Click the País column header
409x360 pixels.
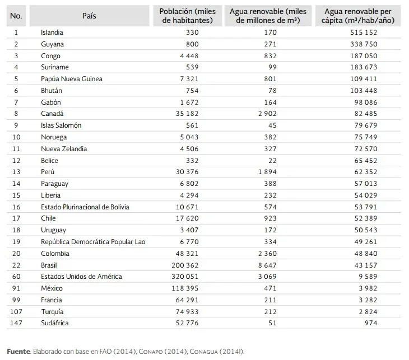[89, 16]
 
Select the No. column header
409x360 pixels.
[16, 16]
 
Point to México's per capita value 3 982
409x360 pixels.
[367, 288]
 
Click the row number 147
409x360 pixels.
[16, 323]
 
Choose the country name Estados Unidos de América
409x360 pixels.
[81, 277]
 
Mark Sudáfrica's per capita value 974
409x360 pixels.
[370, 323]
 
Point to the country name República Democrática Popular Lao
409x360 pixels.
[93, 242]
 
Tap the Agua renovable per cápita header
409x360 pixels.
[359, 16]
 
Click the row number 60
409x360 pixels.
[16, 277]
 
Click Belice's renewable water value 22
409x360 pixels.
[272, 160]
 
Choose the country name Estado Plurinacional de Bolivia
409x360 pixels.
[85, 207]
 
